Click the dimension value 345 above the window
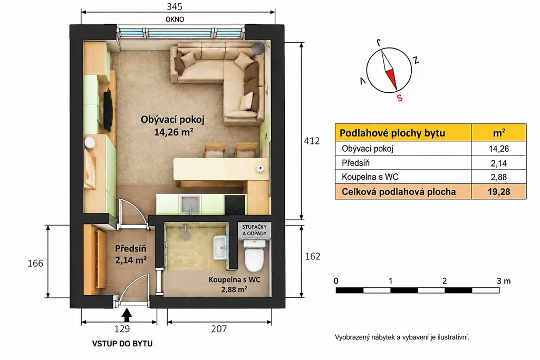coord(175,6)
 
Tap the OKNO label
coord(175,20)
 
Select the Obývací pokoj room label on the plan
coord(172,120)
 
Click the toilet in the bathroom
coord(254,255)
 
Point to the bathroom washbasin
coord(220,247)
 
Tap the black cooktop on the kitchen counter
coord(235,205)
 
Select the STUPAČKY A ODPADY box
coord(255,230)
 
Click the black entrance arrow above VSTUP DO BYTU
coord(127,315)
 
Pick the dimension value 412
coord(312,141)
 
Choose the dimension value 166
coord(35,264)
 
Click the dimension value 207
coord(219,329)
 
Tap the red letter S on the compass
coord(400,98)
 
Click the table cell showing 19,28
coord(499,192)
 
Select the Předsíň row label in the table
coord(356,163)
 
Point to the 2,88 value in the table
coord(499,177)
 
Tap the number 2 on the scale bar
coord(445,281)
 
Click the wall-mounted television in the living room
coord(108,110)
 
